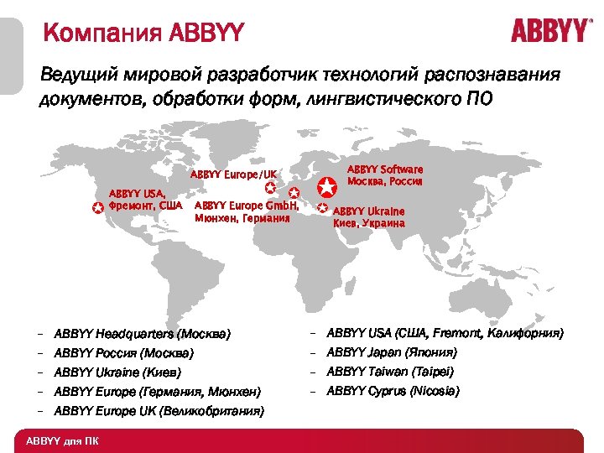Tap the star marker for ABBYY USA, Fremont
(x=98, y=206)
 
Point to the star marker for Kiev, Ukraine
(x=323, y=206)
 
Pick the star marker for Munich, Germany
(x=294, y=195)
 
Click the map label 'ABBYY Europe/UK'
(x=233, y=174)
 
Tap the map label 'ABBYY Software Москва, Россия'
(x=384, y=175)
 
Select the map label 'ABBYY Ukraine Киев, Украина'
(x=369, y=217)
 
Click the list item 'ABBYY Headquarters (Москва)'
(x=141, y=333)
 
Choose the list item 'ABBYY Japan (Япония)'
(x=391, y=352)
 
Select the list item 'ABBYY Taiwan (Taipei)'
(x=389, y=372)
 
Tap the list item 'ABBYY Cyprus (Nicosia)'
(x=392, y=391)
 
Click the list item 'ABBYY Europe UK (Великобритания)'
(x=159, y=411)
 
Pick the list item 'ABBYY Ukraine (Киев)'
(x=117, y=372)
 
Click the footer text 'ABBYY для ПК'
(x=62, y=441)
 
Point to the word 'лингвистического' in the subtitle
(x=382, y=100)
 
